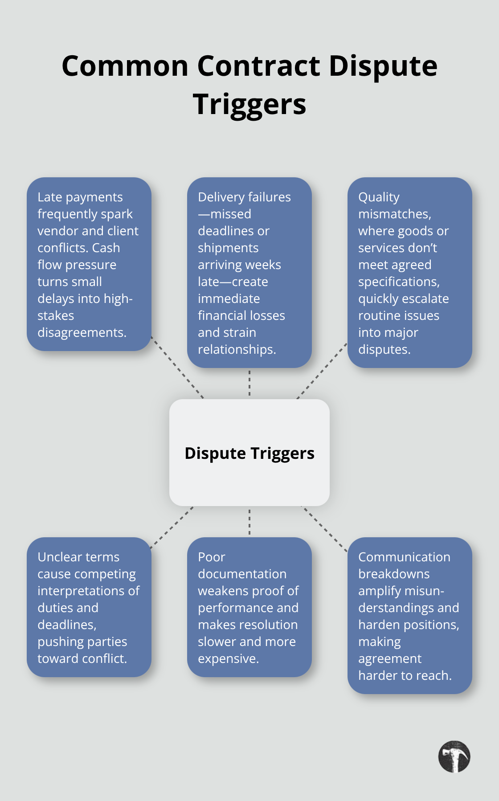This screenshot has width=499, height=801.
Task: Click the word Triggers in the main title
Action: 250,104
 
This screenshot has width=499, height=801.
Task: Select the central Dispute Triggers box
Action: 250,453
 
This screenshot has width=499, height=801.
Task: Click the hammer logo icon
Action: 454,756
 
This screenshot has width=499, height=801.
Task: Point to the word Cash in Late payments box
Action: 106,248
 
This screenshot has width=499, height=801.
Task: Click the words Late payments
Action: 80,197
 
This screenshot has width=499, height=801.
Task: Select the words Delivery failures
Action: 244,197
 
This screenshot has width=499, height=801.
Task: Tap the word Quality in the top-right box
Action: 379,197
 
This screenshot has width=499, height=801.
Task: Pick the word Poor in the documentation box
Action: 212,557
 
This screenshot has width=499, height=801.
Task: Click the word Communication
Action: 404,557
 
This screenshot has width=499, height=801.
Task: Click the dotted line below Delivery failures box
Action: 250,383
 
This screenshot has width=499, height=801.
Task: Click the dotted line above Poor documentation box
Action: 250,522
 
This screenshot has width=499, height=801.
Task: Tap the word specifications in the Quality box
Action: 398,282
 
